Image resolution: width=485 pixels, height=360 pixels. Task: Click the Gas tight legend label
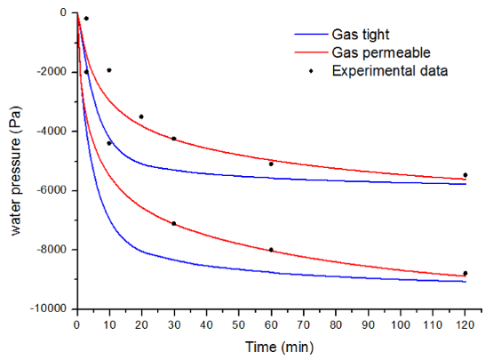(361, 35)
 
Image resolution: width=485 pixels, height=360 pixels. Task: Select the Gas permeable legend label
(381, 52)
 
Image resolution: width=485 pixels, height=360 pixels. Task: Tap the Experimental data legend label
(390, 71)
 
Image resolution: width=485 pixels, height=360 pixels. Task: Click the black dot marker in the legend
(311, 71)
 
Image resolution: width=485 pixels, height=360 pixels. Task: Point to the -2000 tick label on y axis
(52, 72)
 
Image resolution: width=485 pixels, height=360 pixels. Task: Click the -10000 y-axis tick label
(49, 308)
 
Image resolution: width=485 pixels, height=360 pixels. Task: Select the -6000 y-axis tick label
(52, 190)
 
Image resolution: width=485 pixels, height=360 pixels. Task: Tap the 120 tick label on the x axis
(465, 324)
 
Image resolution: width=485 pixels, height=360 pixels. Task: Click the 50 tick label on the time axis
(238, 324)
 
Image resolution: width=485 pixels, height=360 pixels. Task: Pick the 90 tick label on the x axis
(368, 324)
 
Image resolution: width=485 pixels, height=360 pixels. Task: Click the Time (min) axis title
(279, 347)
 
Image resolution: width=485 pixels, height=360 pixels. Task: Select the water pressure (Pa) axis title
(15, 171)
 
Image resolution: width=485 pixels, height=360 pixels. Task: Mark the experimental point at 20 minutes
(141, 116)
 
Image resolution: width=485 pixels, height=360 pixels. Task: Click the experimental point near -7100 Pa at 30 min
(174, 223)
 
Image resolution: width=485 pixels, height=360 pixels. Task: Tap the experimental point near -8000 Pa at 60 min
(271, 250)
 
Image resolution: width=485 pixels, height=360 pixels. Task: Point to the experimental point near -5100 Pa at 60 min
(271, 164)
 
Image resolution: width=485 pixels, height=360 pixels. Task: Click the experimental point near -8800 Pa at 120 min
(465, 273)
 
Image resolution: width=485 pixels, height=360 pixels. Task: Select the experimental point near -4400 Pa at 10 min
(109, 143)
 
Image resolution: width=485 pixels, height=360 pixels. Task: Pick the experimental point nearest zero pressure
(87, 19)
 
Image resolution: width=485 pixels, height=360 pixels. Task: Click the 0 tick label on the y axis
(63, 12)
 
